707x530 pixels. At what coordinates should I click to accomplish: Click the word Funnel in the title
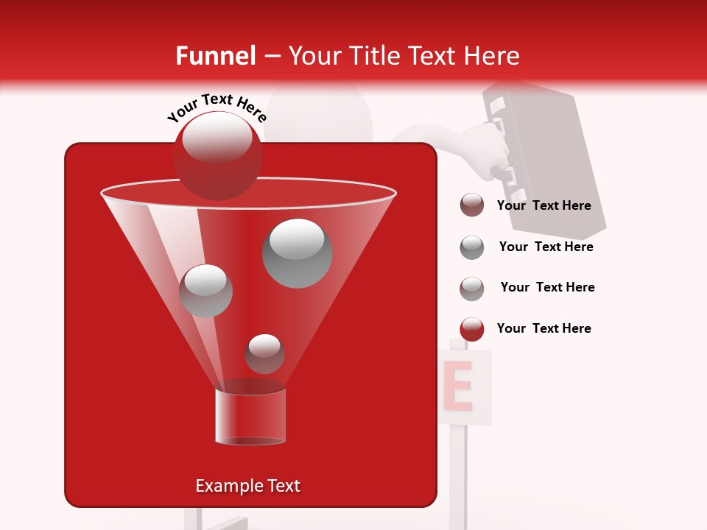coord(215,56)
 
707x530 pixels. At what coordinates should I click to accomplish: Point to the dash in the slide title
coord(271,57)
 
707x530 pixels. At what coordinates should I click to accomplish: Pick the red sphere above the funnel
coord(217,156)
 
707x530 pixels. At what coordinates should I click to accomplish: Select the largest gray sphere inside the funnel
coord(298,252)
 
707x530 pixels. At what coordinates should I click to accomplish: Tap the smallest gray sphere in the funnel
coord(264,353)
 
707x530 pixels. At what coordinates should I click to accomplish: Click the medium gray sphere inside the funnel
coord(205,291)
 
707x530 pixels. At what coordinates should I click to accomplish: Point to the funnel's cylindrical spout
coord(250,416)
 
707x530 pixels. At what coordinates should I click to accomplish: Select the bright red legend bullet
coord(472,329)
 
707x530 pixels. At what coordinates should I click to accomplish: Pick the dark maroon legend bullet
coord(472,205)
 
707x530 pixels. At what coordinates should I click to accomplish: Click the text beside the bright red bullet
coord(544,328)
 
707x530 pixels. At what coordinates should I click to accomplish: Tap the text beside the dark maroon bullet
coord(544,205)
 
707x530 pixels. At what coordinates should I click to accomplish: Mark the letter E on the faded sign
coord(458,386)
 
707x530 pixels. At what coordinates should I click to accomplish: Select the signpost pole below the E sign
coord(458,471)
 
